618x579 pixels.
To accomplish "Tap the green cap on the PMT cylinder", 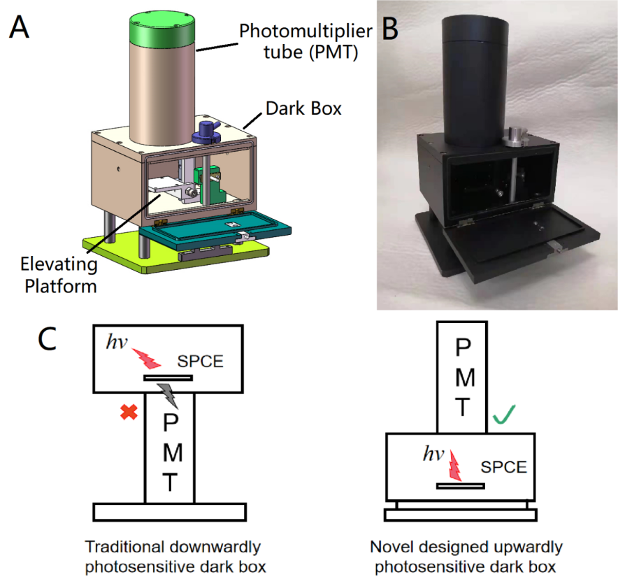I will point(162,29).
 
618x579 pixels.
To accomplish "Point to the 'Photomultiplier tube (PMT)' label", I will point(299,41).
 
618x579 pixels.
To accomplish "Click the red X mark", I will point(127,413).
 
